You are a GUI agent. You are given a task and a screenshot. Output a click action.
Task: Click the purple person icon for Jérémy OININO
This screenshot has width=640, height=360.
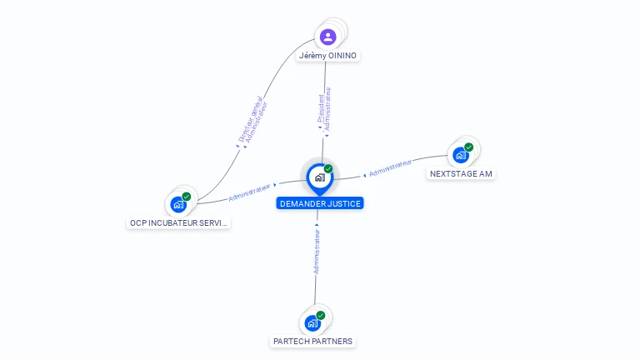pos(328,37)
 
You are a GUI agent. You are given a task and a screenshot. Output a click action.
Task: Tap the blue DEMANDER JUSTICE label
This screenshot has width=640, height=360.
pos(321,203)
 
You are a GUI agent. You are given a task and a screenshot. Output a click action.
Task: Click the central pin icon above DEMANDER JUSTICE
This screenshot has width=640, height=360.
pos(319,177)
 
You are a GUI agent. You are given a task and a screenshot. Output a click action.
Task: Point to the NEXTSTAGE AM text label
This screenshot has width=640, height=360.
pos(461,174)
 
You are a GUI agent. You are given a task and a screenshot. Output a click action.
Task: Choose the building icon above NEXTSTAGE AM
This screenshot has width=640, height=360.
pos(460,155)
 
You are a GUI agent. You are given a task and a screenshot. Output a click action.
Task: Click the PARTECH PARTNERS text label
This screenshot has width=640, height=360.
pos(313,342)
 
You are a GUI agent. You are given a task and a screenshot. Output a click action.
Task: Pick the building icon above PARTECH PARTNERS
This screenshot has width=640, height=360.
pos(312,322)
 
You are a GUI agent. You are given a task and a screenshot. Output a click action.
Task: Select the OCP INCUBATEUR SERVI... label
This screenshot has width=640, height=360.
pos(178,223)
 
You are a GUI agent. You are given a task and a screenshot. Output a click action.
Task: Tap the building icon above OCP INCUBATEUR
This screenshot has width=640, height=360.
pos(178,204)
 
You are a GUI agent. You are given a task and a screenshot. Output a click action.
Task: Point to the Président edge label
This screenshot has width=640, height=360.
pos(321,108)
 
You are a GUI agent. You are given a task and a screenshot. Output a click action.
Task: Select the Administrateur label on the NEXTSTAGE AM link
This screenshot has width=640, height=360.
pos(390,168)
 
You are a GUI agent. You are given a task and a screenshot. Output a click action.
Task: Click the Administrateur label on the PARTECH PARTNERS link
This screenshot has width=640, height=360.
pos(317,247)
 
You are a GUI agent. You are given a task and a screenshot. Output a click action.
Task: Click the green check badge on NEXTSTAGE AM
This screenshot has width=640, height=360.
pos(469,147)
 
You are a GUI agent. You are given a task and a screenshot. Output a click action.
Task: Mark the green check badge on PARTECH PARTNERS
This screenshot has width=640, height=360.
pos(321,315)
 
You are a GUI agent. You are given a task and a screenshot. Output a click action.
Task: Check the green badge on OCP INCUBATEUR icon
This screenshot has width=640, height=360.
pos(187,197)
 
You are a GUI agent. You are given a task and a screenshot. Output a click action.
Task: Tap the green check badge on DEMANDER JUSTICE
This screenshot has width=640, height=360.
pos(328,169)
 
